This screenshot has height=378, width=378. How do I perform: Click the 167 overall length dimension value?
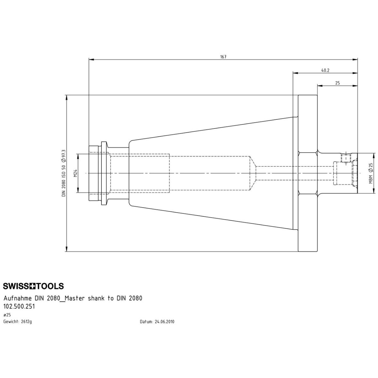(223, 57)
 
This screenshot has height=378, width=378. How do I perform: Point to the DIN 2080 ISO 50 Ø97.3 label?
(64, 173)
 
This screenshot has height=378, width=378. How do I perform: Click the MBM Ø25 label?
(370, 173)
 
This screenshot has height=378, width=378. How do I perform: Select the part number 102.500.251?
(19, 306)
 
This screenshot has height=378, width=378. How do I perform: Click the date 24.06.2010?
(164, 322)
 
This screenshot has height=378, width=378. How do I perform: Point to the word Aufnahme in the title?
(17, 298)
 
